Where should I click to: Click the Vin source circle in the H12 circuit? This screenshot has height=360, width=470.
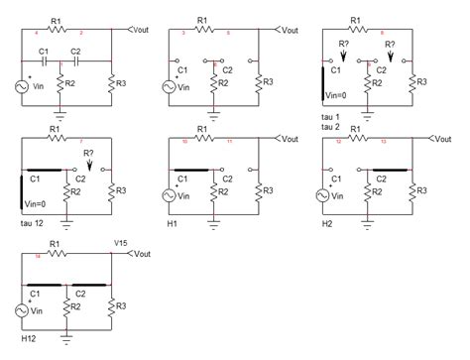[x=22, y=310]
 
